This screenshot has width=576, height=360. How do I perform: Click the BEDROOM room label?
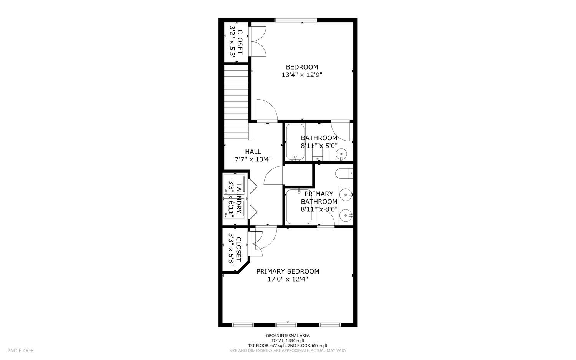click(x=302, y=67)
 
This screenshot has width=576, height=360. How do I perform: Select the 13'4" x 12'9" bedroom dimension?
click(x=302, y=75)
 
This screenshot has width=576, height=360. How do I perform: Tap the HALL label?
click(x=253, y=152)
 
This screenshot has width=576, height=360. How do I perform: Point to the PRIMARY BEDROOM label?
click(x=288, y=271)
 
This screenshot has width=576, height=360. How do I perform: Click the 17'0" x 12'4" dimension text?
click(x=288, y=280)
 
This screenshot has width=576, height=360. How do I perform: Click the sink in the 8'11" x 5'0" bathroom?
click(x=341, y=155)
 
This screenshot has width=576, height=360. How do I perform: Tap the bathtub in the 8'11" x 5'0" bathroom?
click(x=295, y=142)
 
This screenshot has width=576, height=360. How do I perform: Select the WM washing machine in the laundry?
click(x=233, y=209)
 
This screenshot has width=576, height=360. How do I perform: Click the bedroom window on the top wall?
click(x=296, y=20)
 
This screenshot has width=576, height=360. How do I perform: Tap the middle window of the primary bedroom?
click(x=286, y=325)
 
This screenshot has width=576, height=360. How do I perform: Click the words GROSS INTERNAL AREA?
click(x=288, y=335)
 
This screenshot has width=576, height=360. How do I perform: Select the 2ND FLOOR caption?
click(x=20, y=350)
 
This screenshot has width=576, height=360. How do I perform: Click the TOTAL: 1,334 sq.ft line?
click(x=288, y=340)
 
